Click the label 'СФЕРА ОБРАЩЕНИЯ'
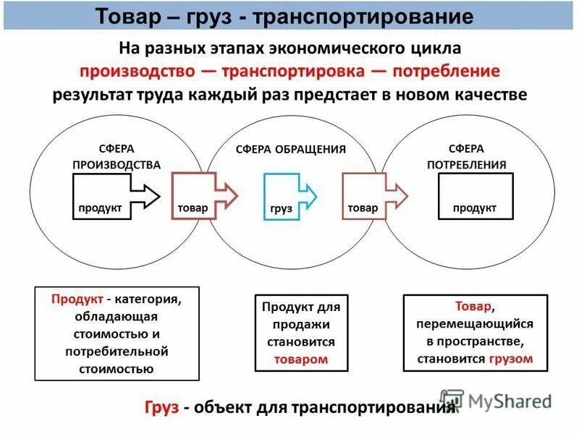(x=291, y=149)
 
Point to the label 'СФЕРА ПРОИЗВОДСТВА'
(x=117, y=156)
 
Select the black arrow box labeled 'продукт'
(x=115, y=196)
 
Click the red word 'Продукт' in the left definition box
(x=75, y=299)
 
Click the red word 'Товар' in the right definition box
(x=474, y=306)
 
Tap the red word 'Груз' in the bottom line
(x=161, y=408)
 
